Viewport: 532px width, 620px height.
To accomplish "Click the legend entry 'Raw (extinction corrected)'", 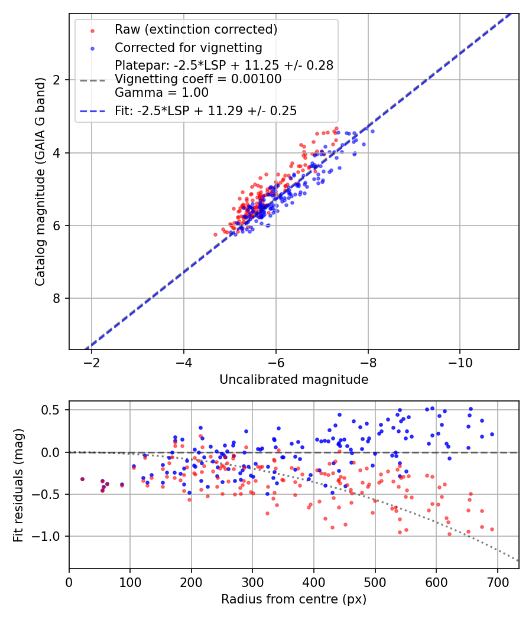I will point(196,30).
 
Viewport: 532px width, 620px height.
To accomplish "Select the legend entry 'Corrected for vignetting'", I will point(188,47).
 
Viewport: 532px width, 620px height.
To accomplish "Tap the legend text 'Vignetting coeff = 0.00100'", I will point(198,79).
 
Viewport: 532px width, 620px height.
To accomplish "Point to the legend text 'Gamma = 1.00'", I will point(161,92).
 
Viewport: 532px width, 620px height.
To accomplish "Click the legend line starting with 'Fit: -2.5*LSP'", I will point(205,110).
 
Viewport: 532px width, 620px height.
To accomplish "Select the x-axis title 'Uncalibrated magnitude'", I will point(294,380).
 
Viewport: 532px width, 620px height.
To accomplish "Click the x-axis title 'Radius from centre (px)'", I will point(294,599).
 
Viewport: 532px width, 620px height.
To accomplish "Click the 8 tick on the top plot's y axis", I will point(57,298).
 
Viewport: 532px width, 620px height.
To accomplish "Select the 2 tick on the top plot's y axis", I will point(57,80).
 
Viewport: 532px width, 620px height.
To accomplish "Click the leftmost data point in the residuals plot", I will point(82,479).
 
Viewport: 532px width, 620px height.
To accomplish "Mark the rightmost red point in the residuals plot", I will point(492,529).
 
